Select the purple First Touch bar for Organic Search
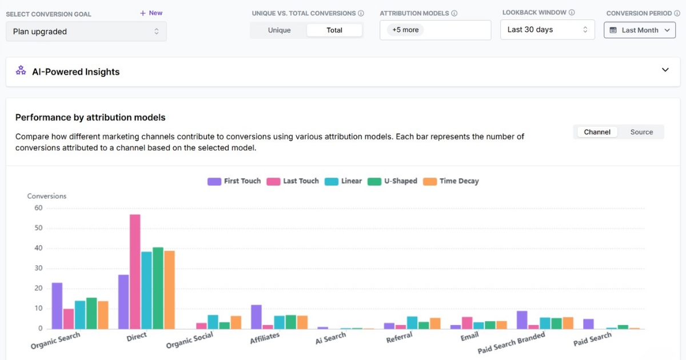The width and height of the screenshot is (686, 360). click(57, 306)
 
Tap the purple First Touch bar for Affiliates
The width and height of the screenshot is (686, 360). click(256, 317)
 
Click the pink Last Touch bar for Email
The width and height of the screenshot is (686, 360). click(467, 323)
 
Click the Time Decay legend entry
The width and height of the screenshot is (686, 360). click(451, 181)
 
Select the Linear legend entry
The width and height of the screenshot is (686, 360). click(343, 181)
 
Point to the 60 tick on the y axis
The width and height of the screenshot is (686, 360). click(38, 208)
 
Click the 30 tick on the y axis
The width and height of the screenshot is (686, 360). click(38, 269)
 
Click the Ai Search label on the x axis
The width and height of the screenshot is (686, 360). click(331, 338)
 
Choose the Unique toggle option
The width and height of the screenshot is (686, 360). click(279, 30)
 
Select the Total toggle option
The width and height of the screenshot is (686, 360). click(334, 30)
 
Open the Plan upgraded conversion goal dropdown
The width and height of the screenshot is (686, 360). click(86, 31)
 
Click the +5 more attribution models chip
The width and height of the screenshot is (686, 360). click(405, 30)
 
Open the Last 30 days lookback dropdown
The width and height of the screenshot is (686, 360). click(547, 30)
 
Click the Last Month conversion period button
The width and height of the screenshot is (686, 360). click(639, 30)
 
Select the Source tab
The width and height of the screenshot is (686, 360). click(641, 132)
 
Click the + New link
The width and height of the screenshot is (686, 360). click(151, 13)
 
